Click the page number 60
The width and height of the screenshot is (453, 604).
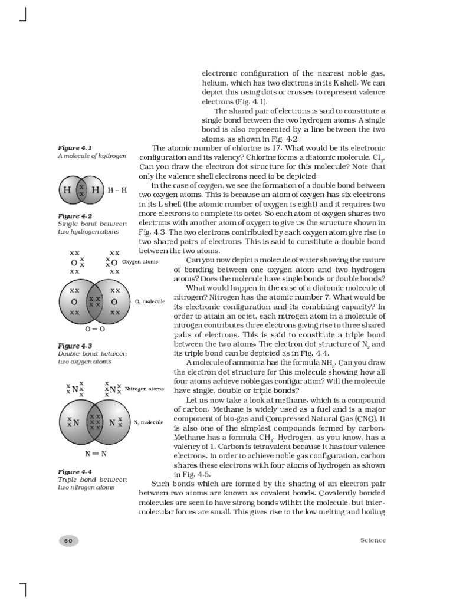(x=68, y=540)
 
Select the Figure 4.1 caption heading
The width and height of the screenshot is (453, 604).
(x=74, y=147)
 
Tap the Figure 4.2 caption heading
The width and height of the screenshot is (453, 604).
(x=74, y=216)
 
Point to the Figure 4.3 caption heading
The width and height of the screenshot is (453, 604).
(x=74, y=346)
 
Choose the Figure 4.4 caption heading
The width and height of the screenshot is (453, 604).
(x=74, y=472)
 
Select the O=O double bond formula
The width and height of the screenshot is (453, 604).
(x=94, y=329)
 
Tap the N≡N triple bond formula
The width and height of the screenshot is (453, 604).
(x=94, y=454)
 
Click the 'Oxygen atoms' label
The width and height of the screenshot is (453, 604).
(x=140, y=262)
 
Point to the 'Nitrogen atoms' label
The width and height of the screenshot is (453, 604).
(x=144, y=389)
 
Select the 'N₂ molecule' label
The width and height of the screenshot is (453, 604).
(x=148, y=423)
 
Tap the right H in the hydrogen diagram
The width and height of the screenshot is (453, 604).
(x=94, y=191)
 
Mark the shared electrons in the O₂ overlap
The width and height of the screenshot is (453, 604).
(x=94, y=302)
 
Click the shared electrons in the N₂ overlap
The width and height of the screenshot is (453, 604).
(x=94, y=422)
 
